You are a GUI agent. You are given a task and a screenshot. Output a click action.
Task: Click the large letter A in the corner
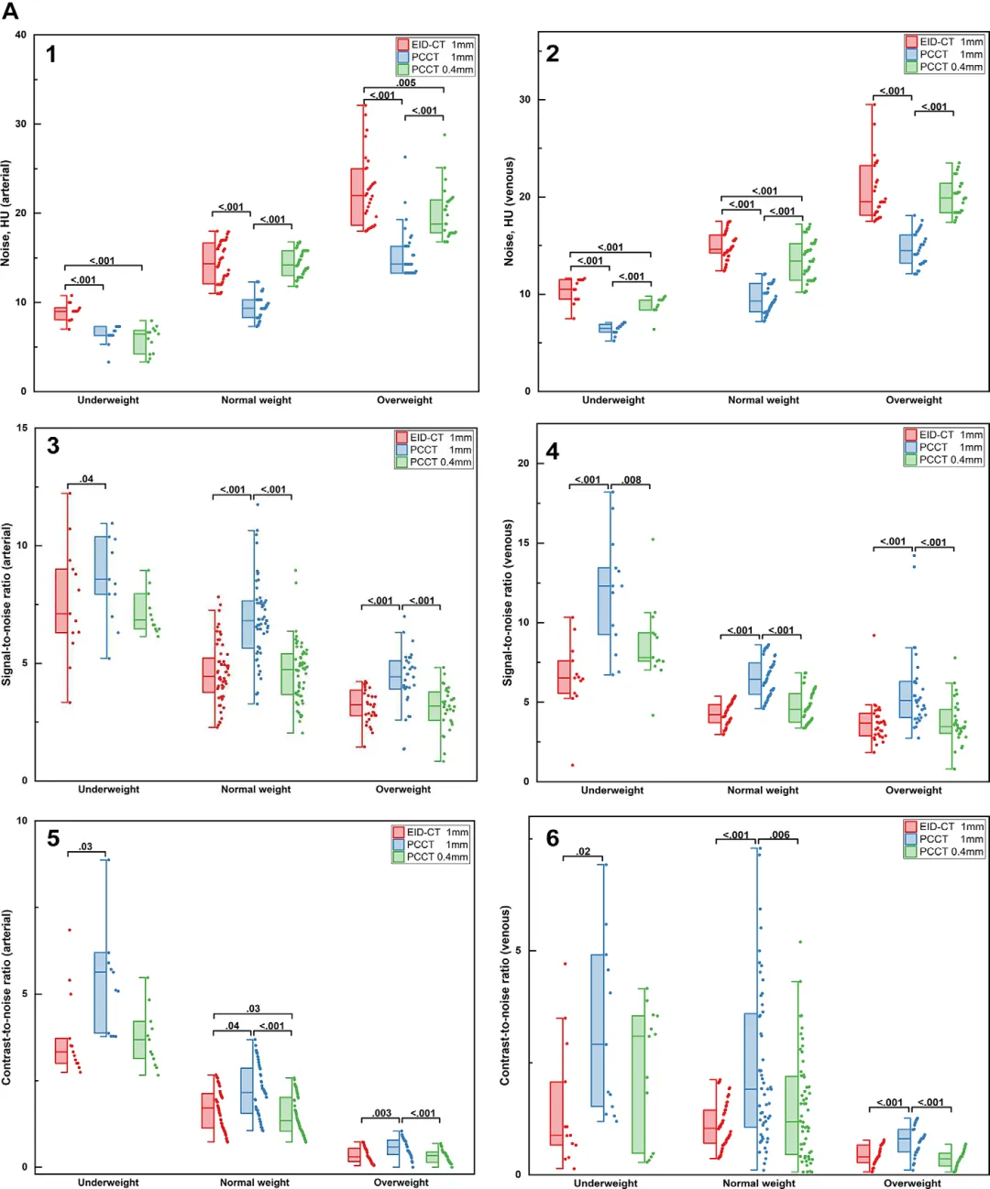tap(10, 12)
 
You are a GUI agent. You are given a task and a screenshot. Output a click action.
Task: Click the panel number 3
tap(53, 446)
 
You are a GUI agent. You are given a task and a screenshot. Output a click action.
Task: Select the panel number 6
tap(552, 838)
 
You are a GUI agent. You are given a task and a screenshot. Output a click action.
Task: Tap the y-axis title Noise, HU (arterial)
tap(6, 213)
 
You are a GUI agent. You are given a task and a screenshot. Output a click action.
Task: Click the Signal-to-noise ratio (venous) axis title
tap(508, 603)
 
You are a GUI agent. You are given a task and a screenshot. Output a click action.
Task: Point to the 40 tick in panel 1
tap(20, 36)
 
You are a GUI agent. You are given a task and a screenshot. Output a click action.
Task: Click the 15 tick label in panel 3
tap(21, 428)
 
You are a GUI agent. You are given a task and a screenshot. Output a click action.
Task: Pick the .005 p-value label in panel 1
tap(405, 82)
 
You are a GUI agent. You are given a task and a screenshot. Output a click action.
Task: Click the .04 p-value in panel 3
tap(86, 478)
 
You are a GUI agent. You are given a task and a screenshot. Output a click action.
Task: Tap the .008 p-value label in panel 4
tap(632, 479)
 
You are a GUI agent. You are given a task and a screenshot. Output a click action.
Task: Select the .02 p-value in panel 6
tap(583, 851)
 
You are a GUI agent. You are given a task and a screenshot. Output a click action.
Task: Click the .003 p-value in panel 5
tap(381, 1113)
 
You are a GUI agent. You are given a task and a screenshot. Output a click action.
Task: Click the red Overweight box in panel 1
tap(357, 197)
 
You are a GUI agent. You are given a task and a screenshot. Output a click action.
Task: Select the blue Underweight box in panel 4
tap(604, 601)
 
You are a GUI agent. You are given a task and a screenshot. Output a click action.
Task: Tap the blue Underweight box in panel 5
tap(101, 992)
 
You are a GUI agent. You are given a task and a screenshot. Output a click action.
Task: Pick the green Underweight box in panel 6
tap(638, 1084)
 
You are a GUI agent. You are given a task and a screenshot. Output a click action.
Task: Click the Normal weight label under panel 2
tap(763, 400)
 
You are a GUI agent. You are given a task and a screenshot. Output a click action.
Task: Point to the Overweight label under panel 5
tap(401, 1182)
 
